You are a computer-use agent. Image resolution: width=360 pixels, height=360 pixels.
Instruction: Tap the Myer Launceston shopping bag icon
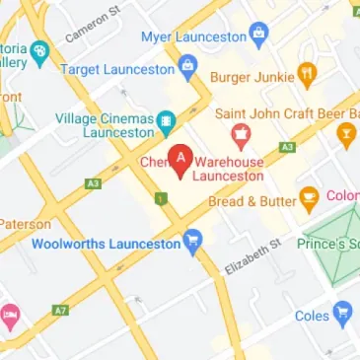[259, 37]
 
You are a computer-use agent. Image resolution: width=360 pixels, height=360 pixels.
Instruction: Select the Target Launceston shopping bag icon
[188, 68]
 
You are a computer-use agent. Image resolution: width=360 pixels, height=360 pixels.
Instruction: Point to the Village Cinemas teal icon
[166, 122]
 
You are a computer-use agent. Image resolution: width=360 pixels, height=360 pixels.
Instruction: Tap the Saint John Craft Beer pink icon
[238, 133]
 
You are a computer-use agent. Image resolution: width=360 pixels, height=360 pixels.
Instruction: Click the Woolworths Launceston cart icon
[193, 239]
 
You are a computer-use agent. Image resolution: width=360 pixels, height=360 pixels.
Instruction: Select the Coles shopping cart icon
[342, 314]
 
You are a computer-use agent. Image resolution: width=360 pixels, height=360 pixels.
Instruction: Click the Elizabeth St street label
[253, 255]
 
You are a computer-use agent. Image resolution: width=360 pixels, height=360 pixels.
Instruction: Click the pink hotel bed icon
[9, 317]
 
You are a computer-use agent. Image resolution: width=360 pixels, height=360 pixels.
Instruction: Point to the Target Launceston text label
[116, 69]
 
